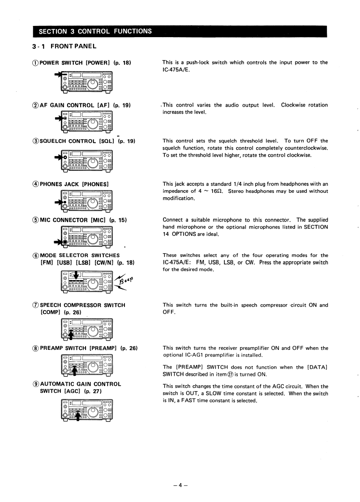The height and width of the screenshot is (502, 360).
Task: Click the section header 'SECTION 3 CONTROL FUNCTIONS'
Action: click(x=95, y=31)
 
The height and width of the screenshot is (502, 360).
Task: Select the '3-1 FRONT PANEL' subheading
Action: click(x=64, y=46)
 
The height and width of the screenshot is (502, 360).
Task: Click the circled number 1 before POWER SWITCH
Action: click(x=35, y=63)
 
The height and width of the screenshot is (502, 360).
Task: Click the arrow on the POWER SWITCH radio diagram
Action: click(x=58, y=75)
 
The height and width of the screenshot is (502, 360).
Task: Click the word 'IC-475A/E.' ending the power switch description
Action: click(x=176, y=70)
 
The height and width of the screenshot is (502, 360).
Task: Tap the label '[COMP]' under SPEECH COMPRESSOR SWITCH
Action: click(x=51, y=312)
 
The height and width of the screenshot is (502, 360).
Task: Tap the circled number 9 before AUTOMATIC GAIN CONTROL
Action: click(x=35, y=384)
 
